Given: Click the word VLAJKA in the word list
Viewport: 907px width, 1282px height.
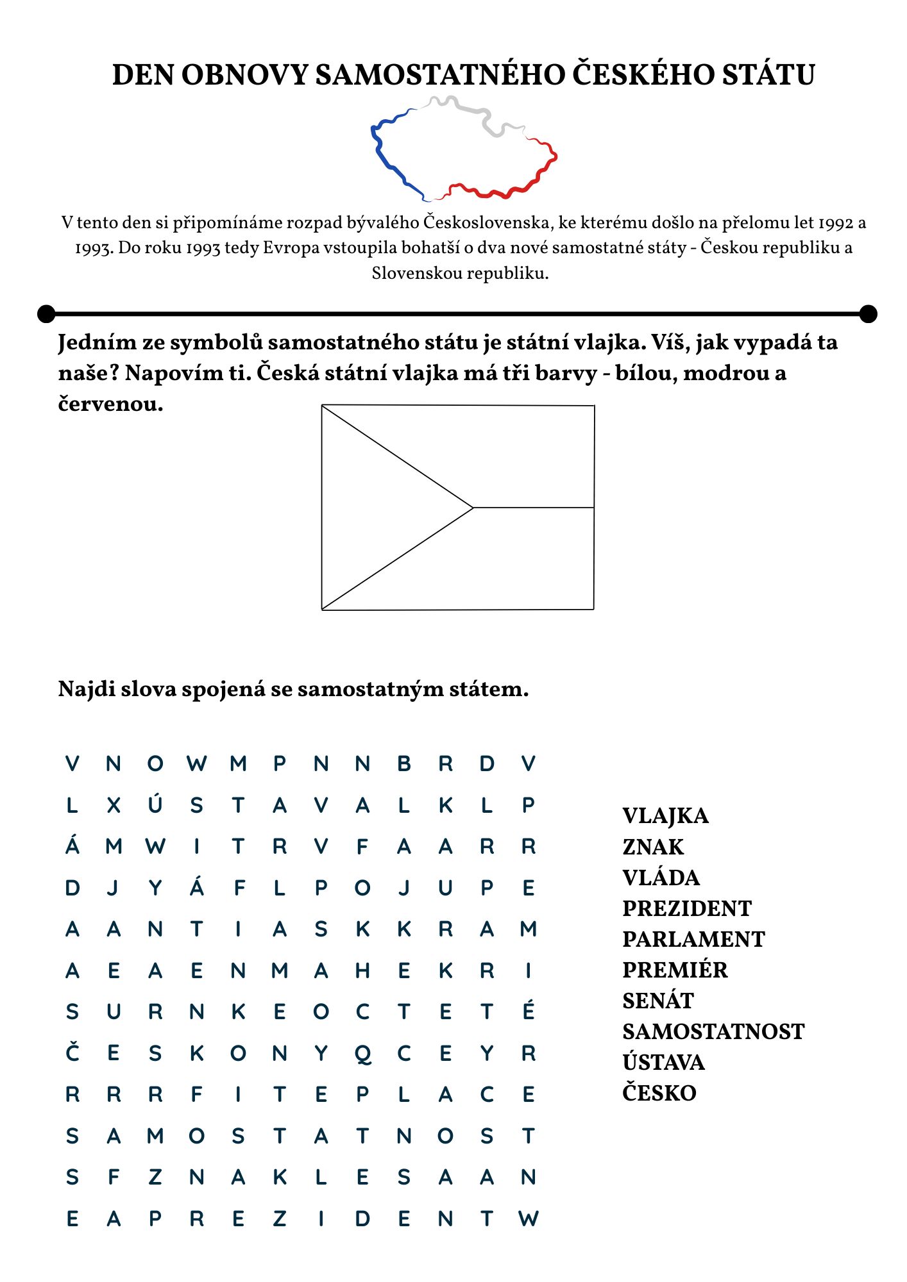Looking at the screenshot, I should (x=665, y=816).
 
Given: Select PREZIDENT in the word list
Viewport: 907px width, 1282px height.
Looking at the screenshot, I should (x=686, y=908).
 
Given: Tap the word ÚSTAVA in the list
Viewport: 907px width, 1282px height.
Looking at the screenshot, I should (x=663, y=1062).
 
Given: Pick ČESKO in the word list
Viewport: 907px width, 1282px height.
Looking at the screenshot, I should (x=659, y=1093).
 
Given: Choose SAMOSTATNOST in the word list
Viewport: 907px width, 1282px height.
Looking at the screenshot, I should (x=713, y=1031).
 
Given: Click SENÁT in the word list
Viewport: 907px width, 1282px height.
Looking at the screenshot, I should (x=658, y=1001).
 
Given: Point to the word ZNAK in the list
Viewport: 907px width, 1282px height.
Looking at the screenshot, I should (x=653, y=847).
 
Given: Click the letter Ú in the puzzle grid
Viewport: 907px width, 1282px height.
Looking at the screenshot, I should (x=155, y=804).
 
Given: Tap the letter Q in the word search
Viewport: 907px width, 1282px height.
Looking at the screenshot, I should (x=362, y=1053).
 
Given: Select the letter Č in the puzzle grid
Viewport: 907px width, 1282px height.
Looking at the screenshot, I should (x=72, y=1053).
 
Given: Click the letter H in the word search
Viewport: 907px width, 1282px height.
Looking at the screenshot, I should (x=362, y=970).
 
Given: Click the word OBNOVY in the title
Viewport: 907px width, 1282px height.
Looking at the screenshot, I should (x=245, y=75).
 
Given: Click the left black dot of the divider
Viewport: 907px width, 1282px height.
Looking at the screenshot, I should (x=46, y=314).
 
